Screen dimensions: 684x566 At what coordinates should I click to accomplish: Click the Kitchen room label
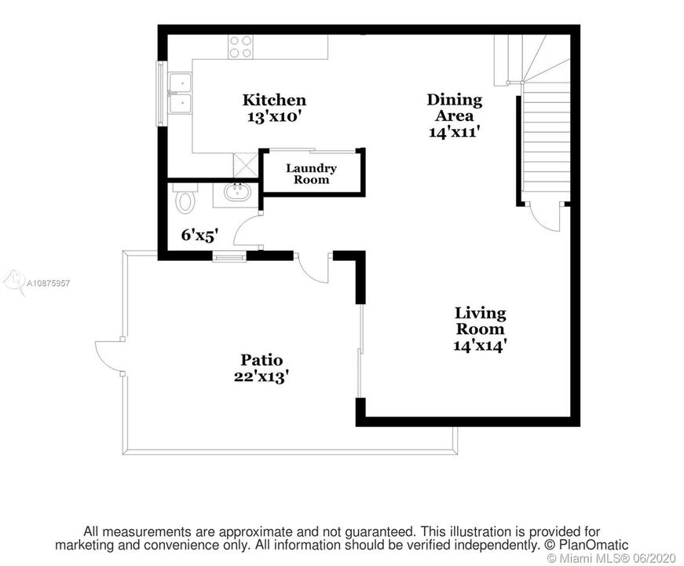click(274, 100)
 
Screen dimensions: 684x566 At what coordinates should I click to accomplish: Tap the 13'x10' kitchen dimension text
click(274, 117)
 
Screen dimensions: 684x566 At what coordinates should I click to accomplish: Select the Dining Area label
click(455, 108)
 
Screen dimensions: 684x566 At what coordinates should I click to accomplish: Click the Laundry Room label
click(311, 174)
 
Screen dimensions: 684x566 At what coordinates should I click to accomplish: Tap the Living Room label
click(480, 321)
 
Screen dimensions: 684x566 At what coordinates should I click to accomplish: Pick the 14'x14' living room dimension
click(480, 345)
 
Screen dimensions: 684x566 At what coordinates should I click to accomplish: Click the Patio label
click(262, 360)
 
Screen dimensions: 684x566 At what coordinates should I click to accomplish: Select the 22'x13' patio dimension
click(262, 376)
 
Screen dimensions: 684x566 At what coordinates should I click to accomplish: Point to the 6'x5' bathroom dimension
click(199, 236)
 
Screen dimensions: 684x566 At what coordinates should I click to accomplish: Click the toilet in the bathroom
click(185, 198)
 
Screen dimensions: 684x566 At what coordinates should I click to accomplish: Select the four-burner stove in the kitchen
click(241, 46)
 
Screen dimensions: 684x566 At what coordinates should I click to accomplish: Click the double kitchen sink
click(180, 93)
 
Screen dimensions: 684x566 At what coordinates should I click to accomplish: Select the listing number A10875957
click(49, 283)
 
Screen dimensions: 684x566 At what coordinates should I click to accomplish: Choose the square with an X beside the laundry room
click(246, 163)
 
